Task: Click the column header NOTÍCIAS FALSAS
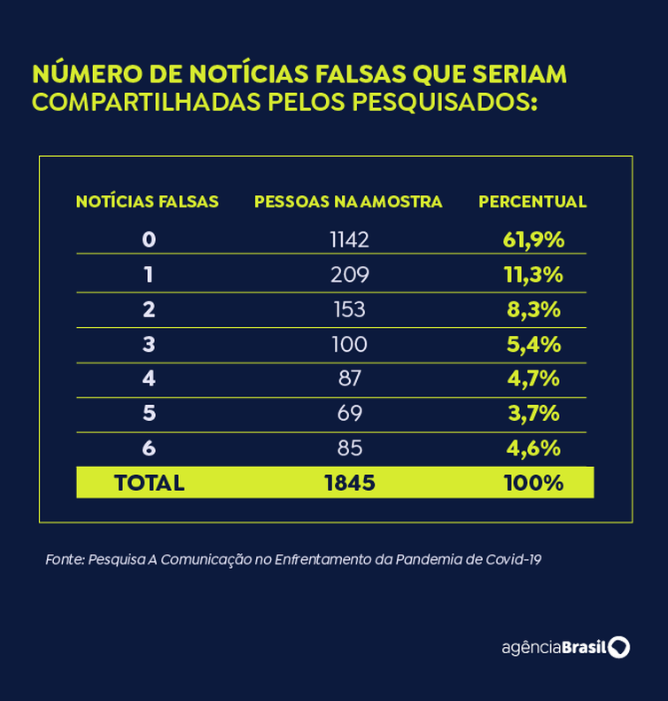coord(147,202)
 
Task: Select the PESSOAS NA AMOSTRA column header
coord(348,202)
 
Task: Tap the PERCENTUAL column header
coord(532,202)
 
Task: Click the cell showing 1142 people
coord(349,239)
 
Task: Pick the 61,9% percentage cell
coord(533,239)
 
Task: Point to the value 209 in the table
coord(349,275)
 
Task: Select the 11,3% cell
coord(533,275)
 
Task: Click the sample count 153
coord(349,309)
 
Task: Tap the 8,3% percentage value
coord(533,309)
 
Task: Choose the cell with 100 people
coord(349,344)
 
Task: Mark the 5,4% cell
coord(533,344)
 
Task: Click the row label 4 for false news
coord(148,378)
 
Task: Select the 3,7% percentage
coord(533,413)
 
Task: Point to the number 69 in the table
coord(349,413)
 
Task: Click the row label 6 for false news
coord(148,448)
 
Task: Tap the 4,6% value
coord(533,448)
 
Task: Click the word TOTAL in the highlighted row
coord(149,483)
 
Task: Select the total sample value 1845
coord(349,483)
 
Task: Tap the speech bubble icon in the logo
coord(619,647)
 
